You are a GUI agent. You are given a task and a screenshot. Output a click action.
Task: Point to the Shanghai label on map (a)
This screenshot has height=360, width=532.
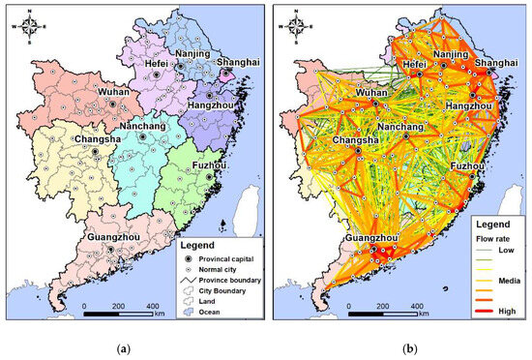[226, 60]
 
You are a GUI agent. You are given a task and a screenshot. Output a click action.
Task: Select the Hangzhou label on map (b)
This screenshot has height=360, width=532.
[471, 103]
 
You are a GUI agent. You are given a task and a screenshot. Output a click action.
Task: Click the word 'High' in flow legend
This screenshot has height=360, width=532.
[503, 312]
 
